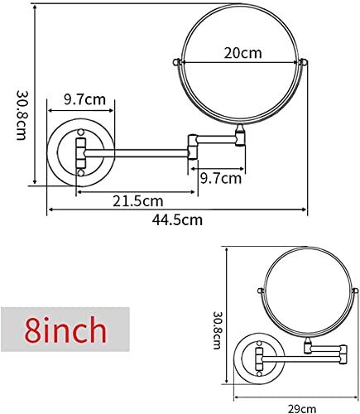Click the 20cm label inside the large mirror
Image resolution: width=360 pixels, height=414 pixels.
click(242, 53)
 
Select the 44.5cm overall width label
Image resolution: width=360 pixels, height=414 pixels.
click(176, 219)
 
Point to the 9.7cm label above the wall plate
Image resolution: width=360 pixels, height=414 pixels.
click(84, 100)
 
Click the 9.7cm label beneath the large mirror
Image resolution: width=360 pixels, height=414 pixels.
click(220, 177)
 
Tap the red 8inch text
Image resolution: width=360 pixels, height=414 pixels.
click(65, 330)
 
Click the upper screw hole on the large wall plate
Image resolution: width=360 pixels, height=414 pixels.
click(82, 132)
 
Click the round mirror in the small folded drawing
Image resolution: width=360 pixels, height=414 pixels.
click(308, 291)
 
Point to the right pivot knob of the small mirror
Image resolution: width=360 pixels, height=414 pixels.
click(353, 291)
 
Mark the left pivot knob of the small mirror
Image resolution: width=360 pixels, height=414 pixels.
click(263, 291)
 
